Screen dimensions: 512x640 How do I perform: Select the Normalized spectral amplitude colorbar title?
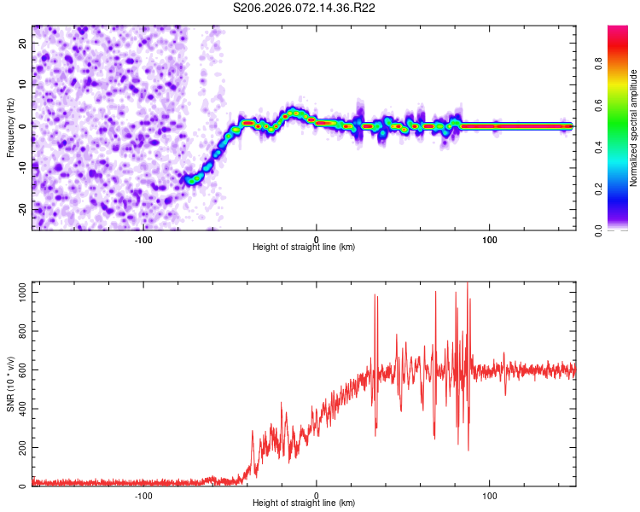(x=633, y=128)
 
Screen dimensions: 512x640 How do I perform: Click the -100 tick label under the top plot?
(x=143, y=238)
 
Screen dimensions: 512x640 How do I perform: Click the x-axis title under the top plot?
(x=304, y=247)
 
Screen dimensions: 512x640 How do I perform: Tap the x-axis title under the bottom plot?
(x=304, y=503)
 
